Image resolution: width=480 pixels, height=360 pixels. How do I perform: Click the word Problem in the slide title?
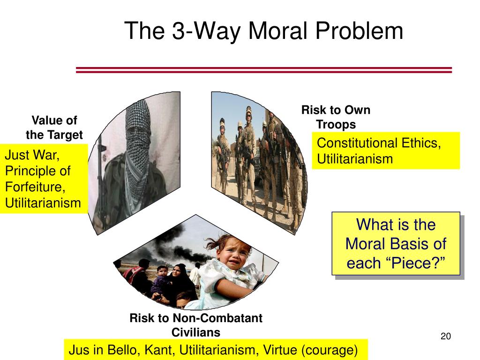point(359,30)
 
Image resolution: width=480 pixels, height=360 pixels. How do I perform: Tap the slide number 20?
point(446,336)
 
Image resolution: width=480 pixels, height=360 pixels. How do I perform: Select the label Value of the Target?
point(54,127)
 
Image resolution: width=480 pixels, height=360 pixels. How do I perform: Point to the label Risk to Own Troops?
point(336,117)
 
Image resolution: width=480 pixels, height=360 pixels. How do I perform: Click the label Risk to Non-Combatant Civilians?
point(196,325)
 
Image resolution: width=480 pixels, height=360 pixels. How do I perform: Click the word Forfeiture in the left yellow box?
point(35,187)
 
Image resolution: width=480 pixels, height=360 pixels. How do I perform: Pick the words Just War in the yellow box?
point(32,155)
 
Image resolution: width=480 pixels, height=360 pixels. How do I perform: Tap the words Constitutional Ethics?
point(379,143)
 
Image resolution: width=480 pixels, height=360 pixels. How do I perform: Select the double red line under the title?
point(264,70)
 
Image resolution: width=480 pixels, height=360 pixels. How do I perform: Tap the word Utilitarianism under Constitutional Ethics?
point(355,159)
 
